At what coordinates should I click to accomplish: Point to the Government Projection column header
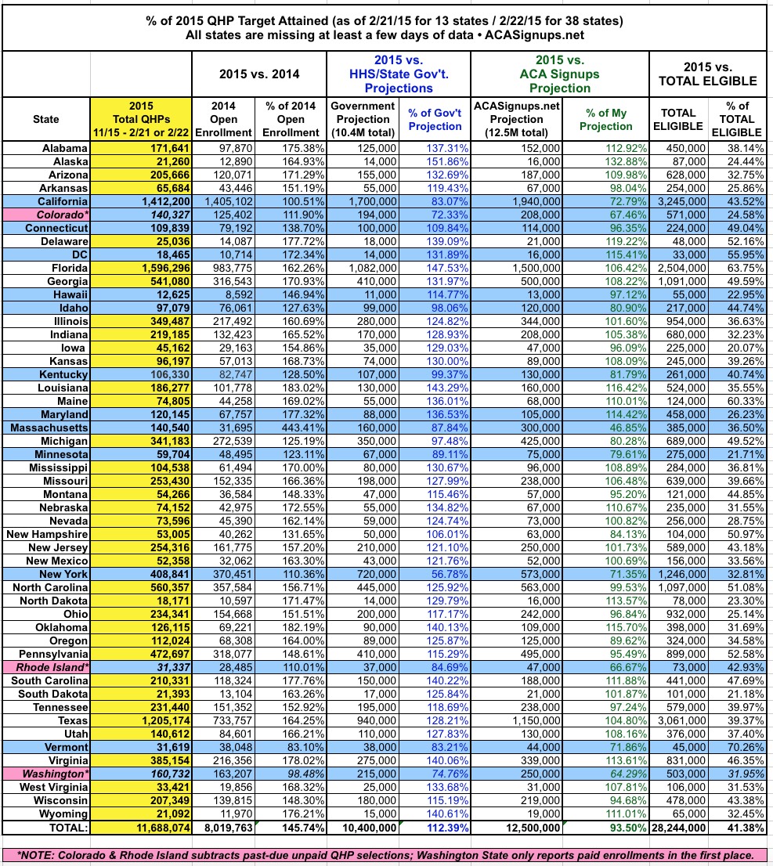pos(362,119)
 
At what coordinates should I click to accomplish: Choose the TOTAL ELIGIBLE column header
pos(679,119)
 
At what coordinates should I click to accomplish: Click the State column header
pos(45,119)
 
